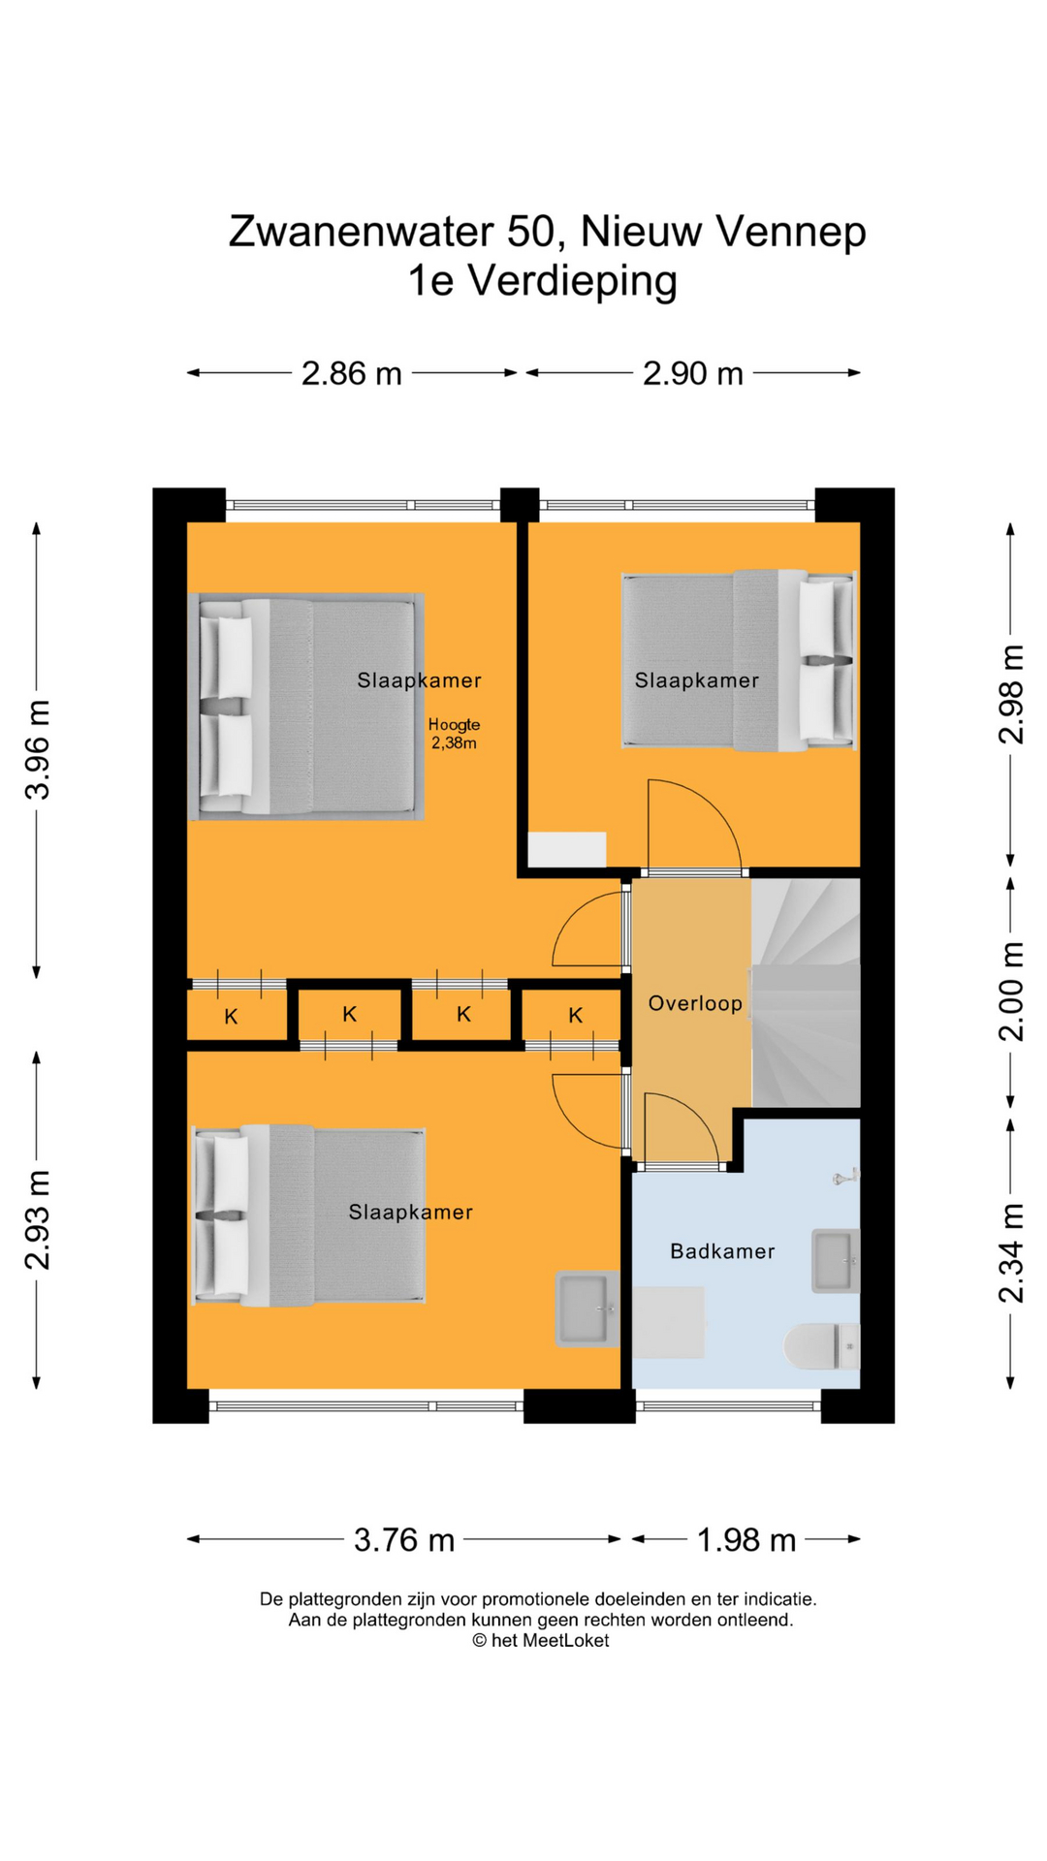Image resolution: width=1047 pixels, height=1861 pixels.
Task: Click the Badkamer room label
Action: point(722,1251)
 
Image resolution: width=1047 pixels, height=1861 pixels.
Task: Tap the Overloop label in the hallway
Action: point(695,1003)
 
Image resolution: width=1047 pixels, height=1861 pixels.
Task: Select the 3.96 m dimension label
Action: point(38,749)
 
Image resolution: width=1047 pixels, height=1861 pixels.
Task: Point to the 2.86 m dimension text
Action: point(351,373)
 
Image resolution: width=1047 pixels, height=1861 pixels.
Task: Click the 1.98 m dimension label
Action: point(746,1540)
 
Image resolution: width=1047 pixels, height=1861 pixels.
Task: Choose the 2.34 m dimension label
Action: point(1011,1253)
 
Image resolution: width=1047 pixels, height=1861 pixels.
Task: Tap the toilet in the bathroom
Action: point(821,1346)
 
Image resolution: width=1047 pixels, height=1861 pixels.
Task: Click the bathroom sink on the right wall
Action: point(835,1261)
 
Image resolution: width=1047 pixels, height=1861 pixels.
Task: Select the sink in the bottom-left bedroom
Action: point(587,1309)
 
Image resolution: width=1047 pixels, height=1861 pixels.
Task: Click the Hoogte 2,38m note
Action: point(454,734)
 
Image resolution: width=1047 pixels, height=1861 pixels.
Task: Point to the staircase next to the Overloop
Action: point(806,993)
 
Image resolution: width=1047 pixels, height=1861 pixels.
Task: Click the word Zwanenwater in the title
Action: point(363,233)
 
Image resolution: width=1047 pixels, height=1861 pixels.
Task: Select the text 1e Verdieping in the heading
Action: point(542,282)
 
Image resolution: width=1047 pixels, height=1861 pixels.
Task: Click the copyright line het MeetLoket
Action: point(541,1640)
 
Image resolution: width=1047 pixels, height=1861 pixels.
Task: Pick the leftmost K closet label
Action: point(231,1017)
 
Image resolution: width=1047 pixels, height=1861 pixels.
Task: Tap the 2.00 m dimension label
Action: point(1011,992)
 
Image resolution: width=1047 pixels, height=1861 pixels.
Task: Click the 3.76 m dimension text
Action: point(404,1540)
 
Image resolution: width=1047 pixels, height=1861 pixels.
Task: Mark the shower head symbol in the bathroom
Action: point(845,1177)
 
